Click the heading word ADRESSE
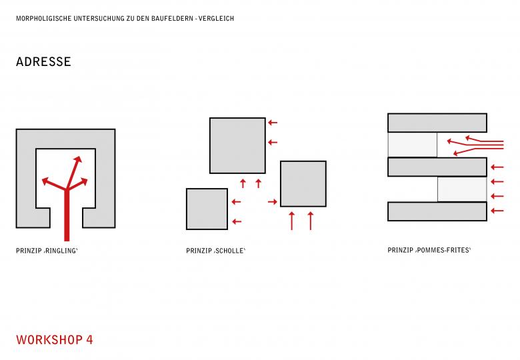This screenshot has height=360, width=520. pyautogui.click(x=43, y=61)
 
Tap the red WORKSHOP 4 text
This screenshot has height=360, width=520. pyautogui.click(x=55, y=340)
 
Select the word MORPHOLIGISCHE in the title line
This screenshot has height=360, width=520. pyautogui.click(x=44, y=19)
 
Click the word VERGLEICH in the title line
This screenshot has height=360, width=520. pyautogui.click(x=216, y=19)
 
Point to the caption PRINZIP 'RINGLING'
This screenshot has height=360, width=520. pyautogui.click(x=47, y=251)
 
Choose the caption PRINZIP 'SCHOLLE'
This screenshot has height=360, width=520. pyautogui.click(x=215, y=251)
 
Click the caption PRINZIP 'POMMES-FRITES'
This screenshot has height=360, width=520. pyautogui.click(x=429, y=250)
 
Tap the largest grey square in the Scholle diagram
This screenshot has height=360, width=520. pyautogui.click(x=237, y=145)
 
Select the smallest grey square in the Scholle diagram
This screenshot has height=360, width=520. pyautogui.click(x=207, y=209)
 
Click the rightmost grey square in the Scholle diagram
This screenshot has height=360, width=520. pyautogui.click(x=303, y=184)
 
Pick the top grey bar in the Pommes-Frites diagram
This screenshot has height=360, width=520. pyautogui.click(x=437, y=123)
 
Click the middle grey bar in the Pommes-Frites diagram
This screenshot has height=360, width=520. pyautogui.click(x=437, y=167)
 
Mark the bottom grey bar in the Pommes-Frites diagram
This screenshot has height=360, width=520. pyautogui.click(x=437, y=211)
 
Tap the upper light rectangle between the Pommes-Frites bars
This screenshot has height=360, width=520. pyautogui.click(x=413, y=145)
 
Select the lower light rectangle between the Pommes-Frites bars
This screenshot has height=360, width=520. pyautogui.click(x=462, y=189)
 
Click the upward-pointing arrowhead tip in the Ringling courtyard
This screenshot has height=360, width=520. pyautogui.click(x=79, y=157)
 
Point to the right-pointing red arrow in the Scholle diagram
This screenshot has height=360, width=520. pyautogui.click(x=272, y=201)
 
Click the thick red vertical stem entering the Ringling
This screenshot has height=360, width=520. pyautogui.click(x=67, y=215)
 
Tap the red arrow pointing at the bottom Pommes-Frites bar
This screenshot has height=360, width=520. pyautogui.click(x=497, y=211)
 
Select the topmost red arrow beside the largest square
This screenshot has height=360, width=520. pyautogui.click(x=273, y=123)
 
